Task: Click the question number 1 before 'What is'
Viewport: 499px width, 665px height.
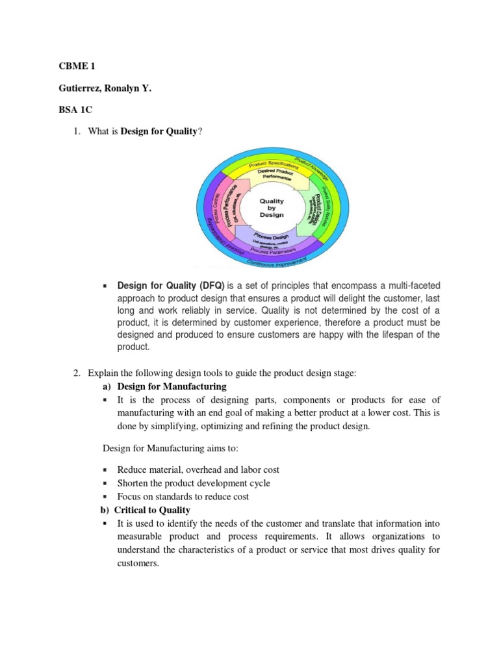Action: pos(76,132)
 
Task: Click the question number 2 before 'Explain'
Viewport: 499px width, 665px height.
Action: pos(76,373)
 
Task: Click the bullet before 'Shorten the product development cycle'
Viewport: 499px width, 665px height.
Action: pos(106,483)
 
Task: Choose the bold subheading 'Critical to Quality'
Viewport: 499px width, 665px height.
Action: pos(153,510)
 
